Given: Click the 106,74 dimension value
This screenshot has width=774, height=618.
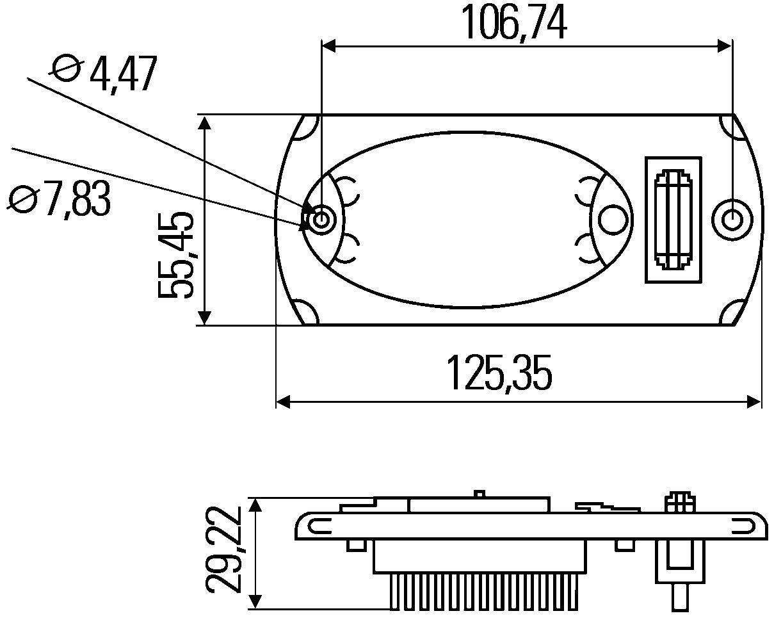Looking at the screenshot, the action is point(515,22).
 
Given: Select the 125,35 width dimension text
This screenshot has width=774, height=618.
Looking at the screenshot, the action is point(499,373).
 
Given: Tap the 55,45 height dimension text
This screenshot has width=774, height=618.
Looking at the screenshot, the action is point(176,255).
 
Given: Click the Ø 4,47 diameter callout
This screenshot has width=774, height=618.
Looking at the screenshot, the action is point(104,74).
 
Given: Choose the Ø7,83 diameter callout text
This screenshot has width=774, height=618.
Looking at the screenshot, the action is point(59,199).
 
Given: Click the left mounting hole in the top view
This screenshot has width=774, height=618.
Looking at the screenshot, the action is point(321,219).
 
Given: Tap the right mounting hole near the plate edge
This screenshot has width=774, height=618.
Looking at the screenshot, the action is point(732,219).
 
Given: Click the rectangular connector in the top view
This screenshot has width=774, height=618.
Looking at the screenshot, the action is point(673,220).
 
